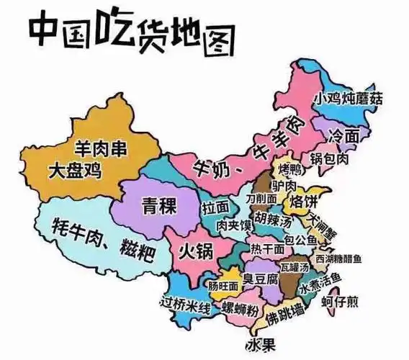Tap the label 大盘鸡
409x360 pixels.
pyautogui.click(x=74, y=171)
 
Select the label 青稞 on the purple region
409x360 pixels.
pyautogui.click(x=158, y=205)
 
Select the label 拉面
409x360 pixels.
pyautogui.click(x=216, y=207)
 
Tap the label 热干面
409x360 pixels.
pyautogui.click(x=266, y=249)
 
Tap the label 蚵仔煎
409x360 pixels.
pyautogui.click(x=339, y=301)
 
